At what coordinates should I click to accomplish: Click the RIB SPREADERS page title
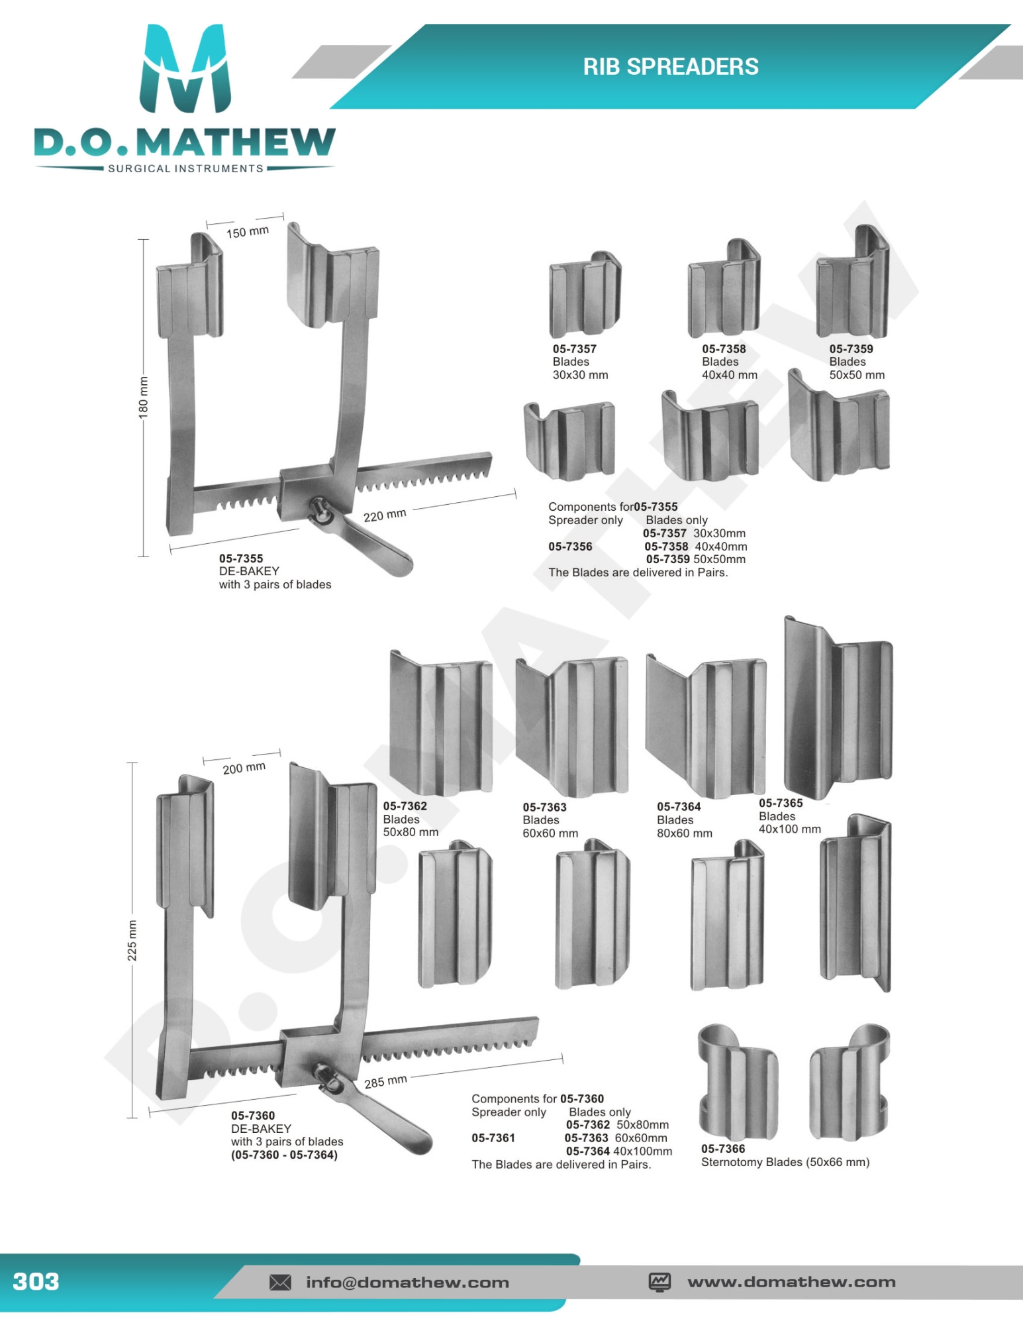670,67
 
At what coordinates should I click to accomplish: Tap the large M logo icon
185,70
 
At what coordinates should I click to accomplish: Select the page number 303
36,1281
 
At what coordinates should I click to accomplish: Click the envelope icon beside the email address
280,1283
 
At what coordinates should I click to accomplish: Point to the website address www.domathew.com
791,1282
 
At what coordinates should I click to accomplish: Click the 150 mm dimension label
247,232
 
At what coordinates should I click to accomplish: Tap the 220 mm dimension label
385,515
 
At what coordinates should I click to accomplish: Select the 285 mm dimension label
385,1082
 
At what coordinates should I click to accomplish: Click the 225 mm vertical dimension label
132,940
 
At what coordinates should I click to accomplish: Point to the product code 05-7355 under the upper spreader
241,558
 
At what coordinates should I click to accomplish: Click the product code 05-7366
723,1149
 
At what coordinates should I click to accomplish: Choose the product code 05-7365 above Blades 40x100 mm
781,803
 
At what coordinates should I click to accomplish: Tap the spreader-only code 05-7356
570,547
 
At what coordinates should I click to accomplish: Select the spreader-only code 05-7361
493,1138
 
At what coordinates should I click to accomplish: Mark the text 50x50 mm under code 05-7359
857,375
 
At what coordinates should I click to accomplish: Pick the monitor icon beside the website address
659,1282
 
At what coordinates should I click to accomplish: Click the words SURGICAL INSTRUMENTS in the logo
185,168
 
